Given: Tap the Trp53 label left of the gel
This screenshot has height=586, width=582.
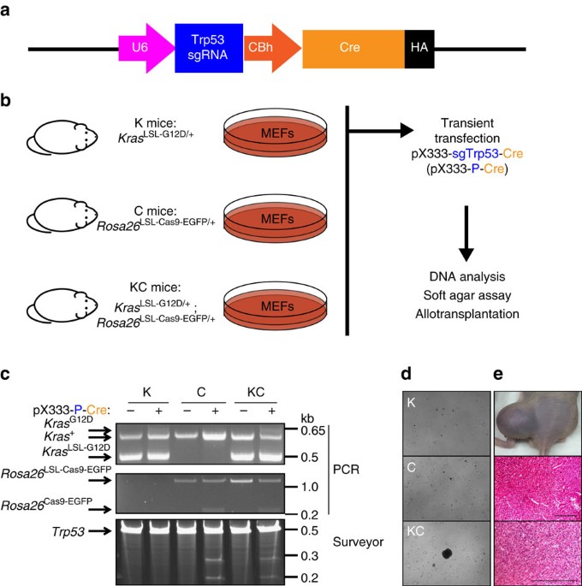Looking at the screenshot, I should [68, 531].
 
